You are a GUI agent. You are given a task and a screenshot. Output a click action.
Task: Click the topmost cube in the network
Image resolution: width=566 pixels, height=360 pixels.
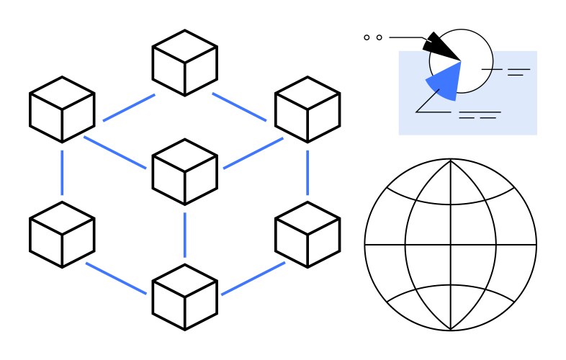[x=184, y=63]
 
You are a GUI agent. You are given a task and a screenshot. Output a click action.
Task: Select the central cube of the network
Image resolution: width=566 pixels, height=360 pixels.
[x=184, y=171]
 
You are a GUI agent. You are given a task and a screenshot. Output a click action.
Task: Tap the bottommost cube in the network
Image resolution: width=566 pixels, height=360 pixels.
[x=184, y=297]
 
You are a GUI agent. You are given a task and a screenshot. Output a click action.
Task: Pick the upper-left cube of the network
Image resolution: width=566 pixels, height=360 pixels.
[x=62, y=109]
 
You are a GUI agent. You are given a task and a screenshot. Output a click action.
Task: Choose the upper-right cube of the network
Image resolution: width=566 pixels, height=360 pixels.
[x=307, y=109]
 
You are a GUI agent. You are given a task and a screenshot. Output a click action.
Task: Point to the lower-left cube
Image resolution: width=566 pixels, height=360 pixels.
[x=62, y=234]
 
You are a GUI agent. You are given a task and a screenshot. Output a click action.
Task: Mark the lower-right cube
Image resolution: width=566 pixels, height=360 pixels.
[x=307, y=234]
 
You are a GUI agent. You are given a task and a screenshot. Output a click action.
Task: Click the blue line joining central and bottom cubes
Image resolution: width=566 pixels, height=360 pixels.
[x=184, y=234]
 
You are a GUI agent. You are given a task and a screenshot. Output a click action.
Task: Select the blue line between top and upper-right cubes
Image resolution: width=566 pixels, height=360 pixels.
[x=239, y=107]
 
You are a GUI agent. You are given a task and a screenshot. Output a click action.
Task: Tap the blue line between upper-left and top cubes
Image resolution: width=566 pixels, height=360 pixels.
[x=128, y=107]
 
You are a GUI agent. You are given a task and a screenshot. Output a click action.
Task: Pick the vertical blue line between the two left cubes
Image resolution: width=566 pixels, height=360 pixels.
[x=62, y=172]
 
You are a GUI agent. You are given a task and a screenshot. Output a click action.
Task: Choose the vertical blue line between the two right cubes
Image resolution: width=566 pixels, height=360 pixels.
[x=307, y=172]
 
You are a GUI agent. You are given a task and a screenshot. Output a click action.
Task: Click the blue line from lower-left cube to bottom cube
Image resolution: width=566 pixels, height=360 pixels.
[x=115, y=277]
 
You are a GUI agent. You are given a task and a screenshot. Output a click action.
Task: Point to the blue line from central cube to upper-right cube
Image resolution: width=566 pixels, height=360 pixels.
[x=253, y=153]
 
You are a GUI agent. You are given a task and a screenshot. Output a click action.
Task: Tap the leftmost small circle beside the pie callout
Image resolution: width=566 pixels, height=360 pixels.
[x=367, y=37]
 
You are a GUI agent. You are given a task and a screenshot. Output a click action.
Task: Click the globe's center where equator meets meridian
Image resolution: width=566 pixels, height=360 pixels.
[x=451, y=245]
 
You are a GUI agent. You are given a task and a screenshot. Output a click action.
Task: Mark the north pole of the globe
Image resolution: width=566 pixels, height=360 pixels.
[x=451, y=160]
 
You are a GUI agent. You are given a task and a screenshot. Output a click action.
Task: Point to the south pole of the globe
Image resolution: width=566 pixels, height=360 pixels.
[x=451, y=330]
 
